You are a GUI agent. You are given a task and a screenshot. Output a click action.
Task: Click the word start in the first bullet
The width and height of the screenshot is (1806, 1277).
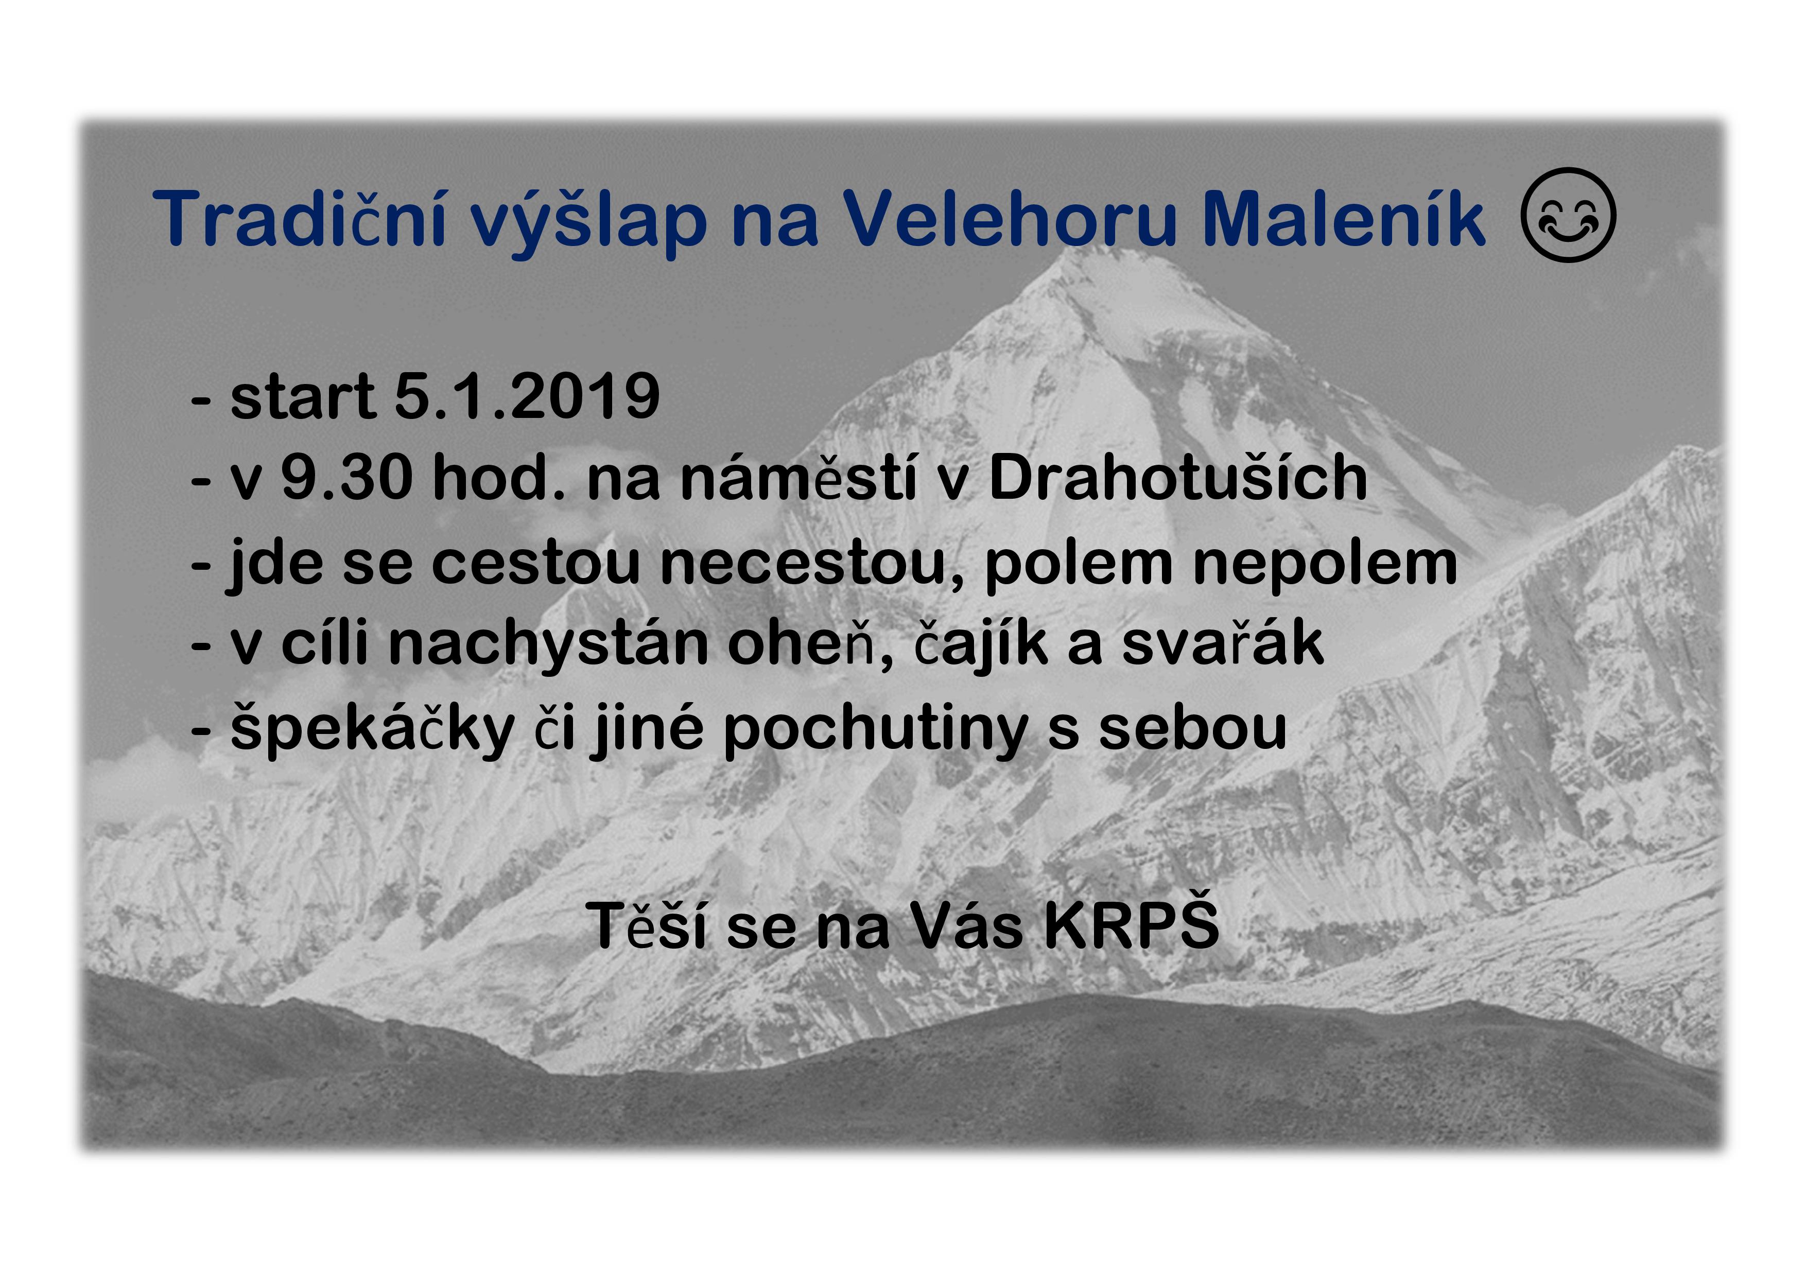click(302, 397)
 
